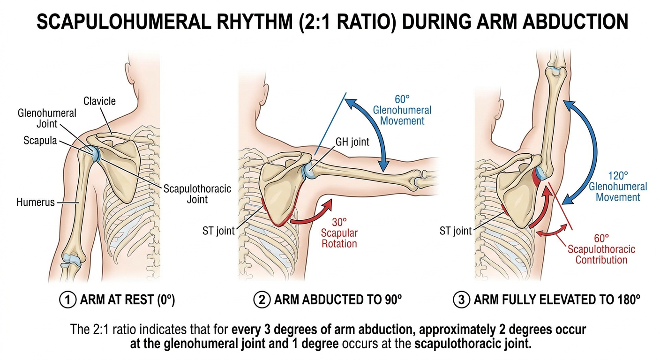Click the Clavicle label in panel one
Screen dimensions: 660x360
coord(99,101)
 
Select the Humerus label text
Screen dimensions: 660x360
coord(36,202)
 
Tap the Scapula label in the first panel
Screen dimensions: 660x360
coord(40,141)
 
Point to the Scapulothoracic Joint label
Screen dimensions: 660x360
coord(197,194)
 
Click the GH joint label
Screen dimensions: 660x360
coord(352,142)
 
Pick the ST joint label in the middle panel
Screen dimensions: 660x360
coord(218,231)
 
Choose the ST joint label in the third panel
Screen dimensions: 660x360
coord(456,231)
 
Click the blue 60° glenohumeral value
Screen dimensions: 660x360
coord(402,99)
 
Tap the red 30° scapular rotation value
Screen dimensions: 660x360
coord(339,222)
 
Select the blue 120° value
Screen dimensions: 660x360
coord(618,176)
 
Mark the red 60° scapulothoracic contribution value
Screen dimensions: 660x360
coord(601,238)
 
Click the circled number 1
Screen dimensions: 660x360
coord(67,300)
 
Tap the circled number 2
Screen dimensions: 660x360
coord(262,300)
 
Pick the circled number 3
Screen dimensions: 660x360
coord(461,300)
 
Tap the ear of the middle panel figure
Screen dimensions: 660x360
coord(264,94)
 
